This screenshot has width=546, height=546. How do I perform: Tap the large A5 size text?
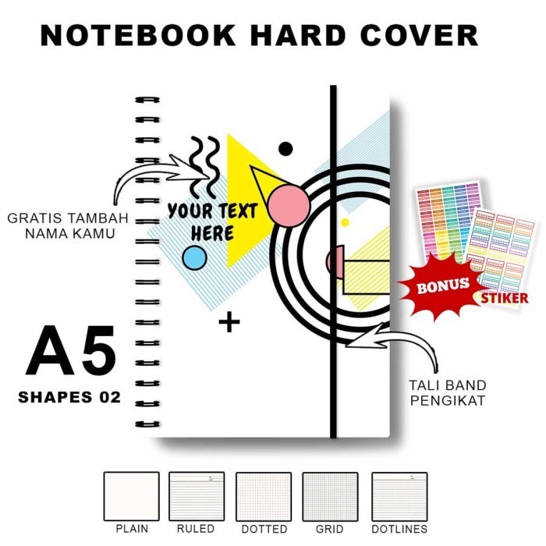tap(71, 352)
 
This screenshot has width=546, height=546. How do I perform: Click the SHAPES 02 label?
tap(69, 397)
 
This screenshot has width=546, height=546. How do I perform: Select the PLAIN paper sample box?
tap(131, 496)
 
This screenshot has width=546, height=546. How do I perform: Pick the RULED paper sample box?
tap(197, 496)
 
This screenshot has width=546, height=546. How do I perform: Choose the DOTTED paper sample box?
tap(263, 496)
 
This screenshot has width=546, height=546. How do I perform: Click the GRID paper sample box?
tap(330, 496)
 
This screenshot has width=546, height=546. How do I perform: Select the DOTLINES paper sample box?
tap(399, 496)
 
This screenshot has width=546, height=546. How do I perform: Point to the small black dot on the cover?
tap(285, 149)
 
